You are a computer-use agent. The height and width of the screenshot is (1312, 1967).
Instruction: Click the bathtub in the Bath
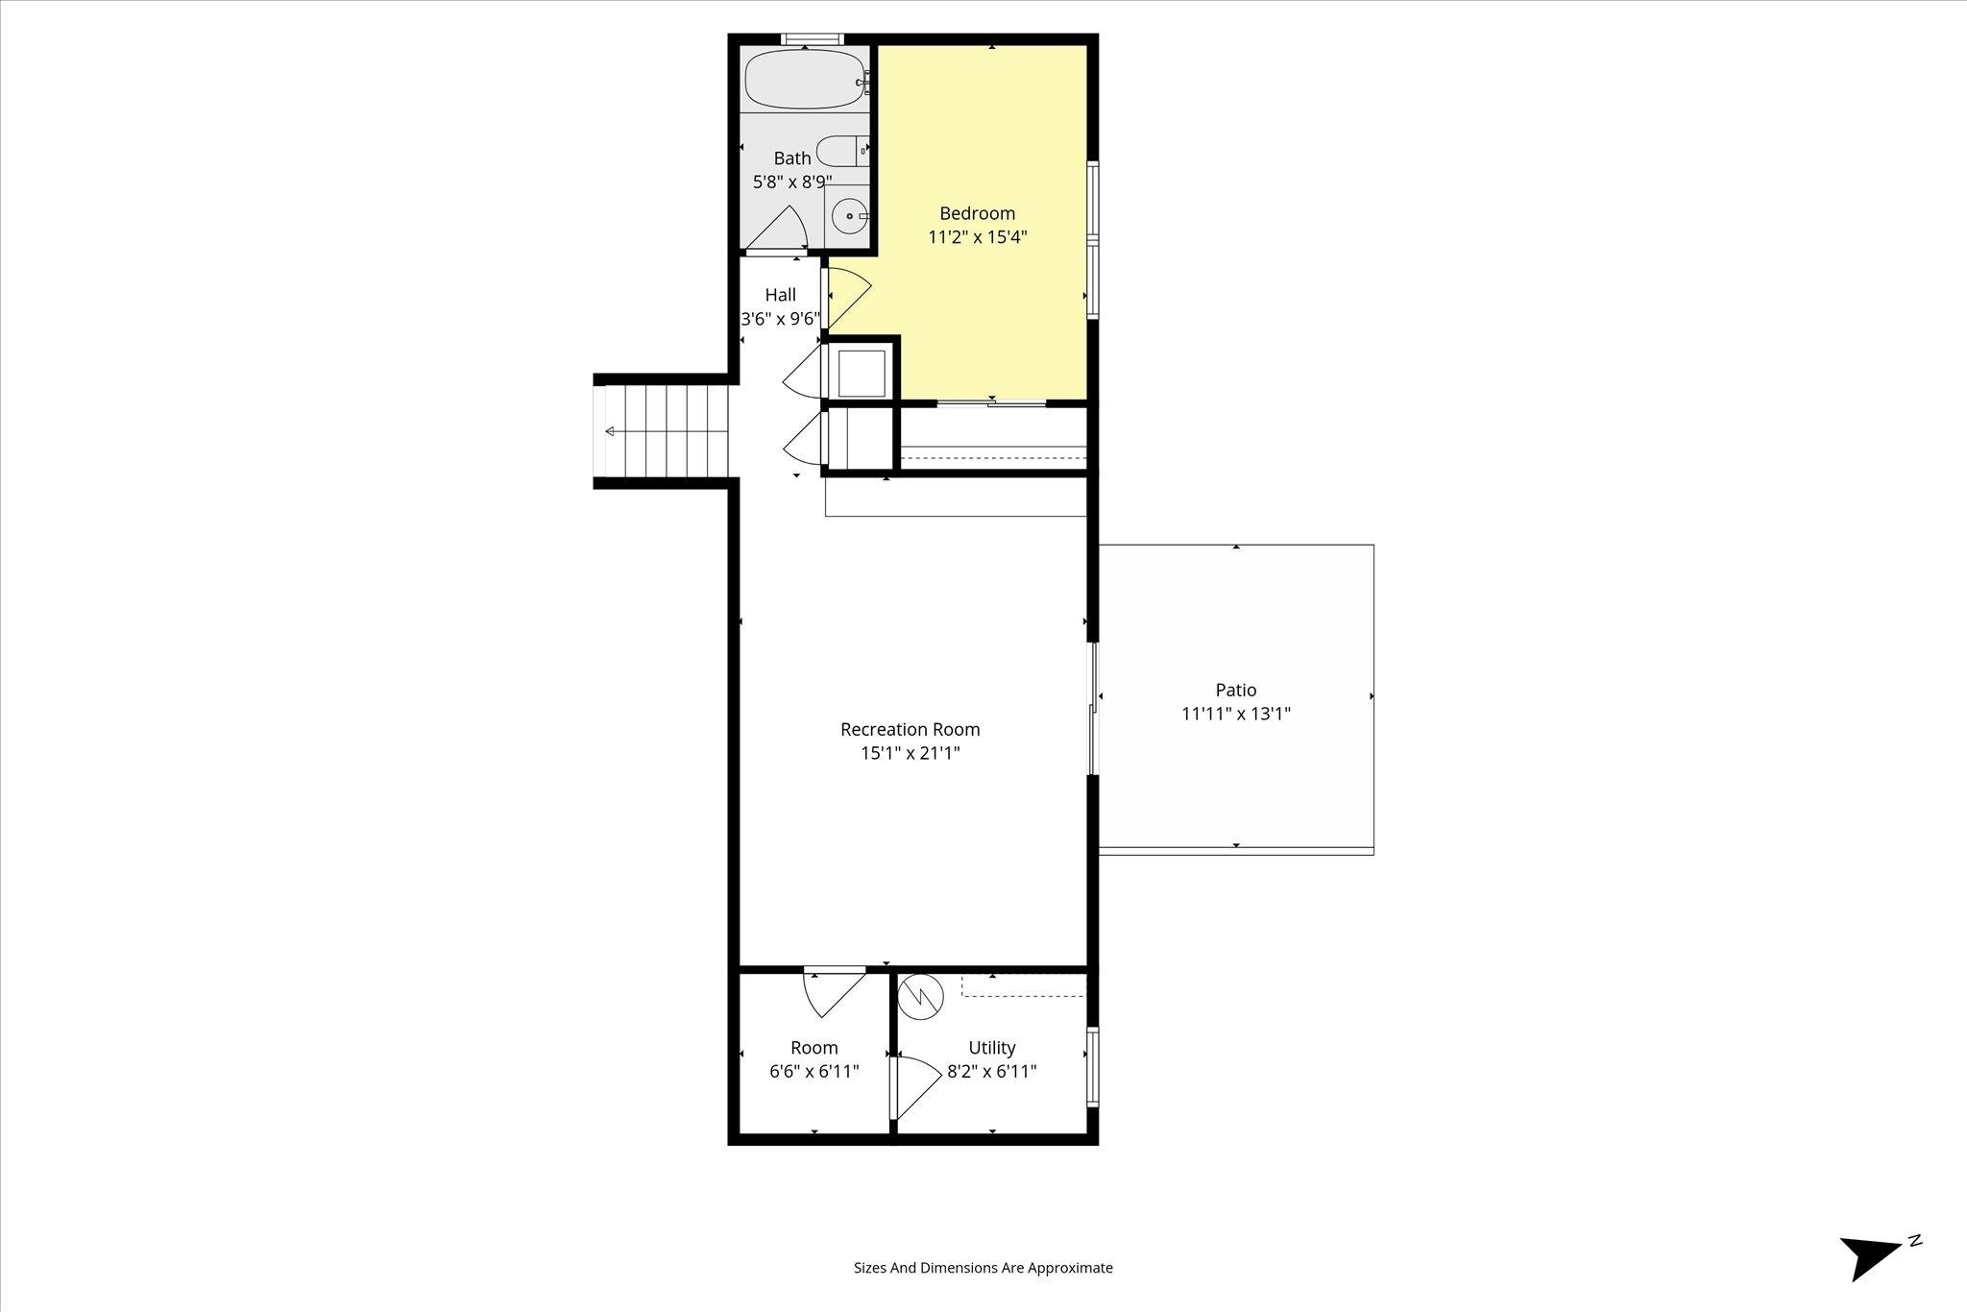pos(805,79)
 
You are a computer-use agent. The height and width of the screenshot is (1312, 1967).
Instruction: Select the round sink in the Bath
pos(849,216)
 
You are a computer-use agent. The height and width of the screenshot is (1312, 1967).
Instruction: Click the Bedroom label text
pos(977,213)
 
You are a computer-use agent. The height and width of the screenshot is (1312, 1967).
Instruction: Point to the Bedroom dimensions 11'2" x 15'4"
pos(978,237)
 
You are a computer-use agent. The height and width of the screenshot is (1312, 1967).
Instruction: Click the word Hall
pos(780,295)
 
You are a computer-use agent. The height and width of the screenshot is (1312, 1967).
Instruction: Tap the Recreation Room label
pos(910,730)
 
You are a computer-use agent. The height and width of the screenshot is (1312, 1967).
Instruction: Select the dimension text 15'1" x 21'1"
pos(910,754)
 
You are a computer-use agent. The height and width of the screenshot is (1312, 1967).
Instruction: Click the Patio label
pos(1236,690)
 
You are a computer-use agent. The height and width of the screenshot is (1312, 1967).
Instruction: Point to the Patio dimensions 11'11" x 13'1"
pos(1236,714)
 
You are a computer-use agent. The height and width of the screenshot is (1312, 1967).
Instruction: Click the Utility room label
pos(992,1048)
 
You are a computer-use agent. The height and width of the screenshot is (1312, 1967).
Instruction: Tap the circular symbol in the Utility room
pos(921,996)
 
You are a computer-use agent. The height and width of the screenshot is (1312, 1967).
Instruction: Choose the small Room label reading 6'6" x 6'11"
pos(814,1071)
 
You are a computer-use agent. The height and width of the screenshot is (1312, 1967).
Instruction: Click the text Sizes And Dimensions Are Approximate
pos(983,1268)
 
